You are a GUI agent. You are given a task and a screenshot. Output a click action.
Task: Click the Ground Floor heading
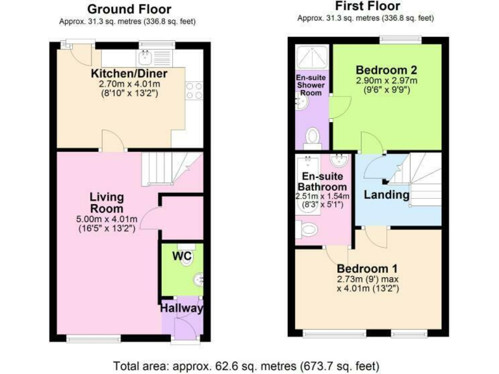coord(129,9)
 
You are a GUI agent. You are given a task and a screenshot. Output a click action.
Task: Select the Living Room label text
coord(106,203)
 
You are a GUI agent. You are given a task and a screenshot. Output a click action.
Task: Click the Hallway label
coord(182,308)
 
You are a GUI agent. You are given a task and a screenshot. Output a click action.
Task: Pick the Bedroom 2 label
coord(386,70)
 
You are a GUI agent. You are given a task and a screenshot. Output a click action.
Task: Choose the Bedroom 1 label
coord(367,268)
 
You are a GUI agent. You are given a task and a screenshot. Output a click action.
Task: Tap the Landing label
coord(386,195)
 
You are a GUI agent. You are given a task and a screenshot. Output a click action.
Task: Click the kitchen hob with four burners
coord(194,91)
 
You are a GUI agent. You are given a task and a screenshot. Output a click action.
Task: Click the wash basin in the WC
coord(198,280)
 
